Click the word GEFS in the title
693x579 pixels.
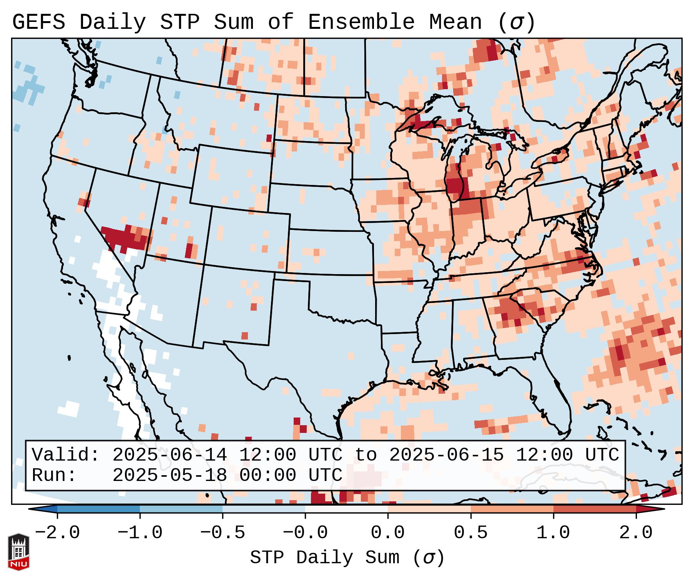tap(38, 22)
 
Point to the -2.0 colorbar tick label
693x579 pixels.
tap(57, 533)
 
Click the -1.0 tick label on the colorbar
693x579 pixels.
tap(140, 533)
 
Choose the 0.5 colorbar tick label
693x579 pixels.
tap(470, 533)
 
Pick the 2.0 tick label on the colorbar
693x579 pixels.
tap(636, 533)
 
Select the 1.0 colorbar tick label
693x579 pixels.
tap(553, 533)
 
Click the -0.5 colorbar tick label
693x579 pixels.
tap(223, 533)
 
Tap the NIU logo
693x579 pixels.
tap(18, 552)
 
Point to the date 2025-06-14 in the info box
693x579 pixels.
tap(170, 455)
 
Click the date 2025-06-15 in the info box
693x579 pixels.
tap(446, 455)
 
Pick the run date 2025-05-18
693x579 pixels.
tap(170, 475)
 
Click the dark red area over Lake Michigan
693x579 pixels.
tap(454, 185)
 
